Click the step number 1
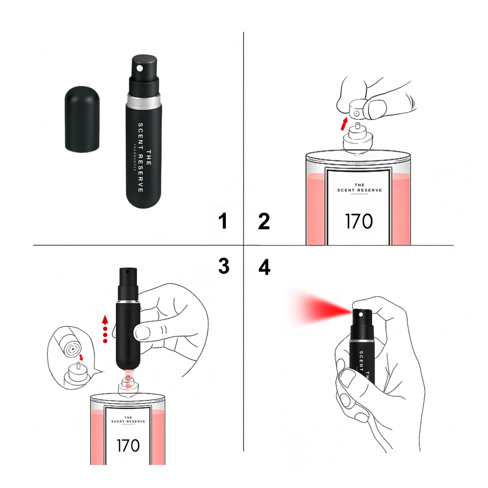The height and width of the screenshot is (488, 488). [x=222, y=221]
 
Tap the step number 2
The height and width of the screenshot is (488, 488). [x=264, y=221]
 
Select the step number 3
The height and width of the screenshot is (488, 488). [x=224, y=267]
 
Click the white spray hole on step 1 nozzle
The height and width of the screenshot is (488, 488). [x=140, y=68]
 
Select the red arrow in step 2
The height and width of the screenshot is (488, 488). [x=345, y=123]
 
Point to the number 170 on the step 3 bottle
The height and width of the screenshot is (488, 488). [x=128, y=445]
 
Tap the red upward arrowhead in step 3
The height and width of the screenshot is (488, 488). [x=106, y=319]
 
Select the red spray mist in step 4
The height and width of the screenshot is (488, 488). [x=319, y=310]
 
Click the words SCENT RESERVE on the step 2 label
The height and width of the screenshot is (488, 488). [x=359, y=190]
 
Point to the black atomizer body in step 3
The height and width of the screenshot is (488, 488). [x=127, y=334]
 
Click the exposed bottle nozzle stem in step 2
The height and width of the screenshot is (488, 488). [x=357, y=127]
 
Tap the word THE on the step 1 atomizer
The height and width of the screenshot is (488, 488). [x=148, y=158]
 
